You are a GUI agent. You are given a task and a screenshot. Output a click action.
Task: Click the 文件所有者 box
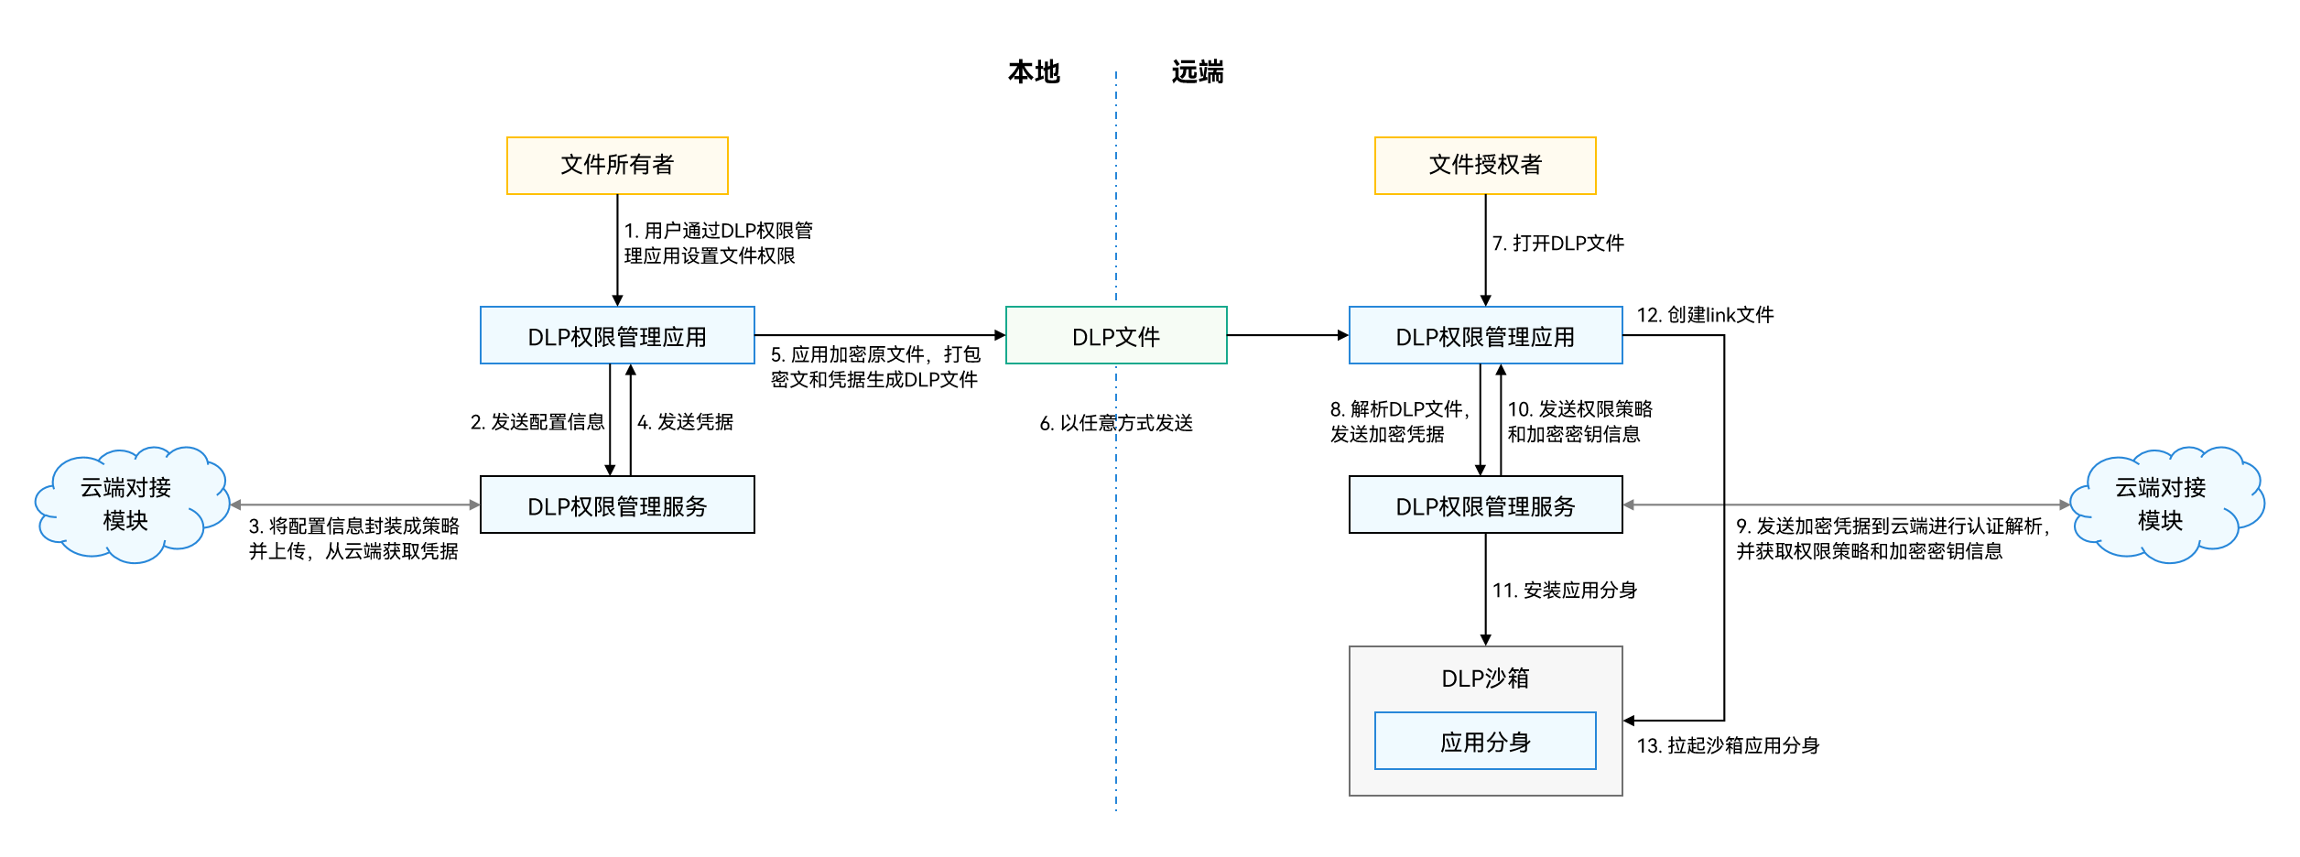pos(617,166)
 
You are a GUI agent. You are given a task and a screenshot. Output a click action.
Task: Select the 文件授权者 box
pos(1485,166)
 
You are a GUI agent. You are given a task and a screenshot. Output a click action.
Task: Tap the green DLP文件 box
pos(1116,336)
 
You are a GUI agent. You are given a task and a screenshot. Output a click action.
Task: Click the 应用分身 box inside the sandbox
pos(1485,742)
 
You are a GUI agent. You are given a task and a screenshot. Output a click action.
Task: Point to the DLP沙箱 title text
pos(1485,678)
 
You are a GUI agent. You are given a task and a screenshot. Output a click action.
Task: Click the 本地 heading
pos(1034,71)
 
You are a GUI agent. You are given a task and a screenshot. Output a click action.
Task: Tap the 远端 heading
pos(1198,71)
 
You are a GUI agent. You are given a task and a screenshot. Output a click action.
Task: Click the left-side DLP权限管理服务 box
pos(617,505)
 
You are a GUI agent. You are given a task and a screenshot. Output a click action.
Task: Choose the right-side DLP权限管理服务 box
pos(1485,505)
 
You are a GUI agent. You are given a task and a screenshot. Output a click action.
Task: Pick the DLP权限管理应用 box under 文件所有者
pos(617,336)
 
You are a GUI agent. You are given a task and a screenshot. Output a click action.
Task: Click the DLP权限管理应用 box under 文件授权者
pos(1485,336)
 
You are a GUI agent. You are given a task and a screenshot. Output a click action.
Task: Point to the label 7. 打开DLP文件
pos(1558,244)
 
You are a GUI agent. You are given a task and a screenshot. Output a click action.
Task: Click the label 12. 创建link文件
pos(1705,315)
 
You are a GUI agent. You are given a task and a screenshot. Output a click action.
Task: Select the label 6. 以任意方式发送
pos(1116,423)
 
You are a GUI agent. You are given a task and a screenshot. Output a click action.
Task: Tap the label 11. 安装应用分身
pos(1565,591)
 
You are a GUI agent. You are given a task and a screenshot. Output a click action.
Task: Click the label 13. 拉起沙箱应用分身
pos(1728,746)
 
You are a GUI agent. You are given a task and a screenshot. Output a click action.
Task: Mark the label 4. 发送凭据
pos(685,422)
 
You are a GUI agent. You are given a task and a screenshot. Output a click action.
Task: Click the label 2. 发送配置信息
pos(537,422)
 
